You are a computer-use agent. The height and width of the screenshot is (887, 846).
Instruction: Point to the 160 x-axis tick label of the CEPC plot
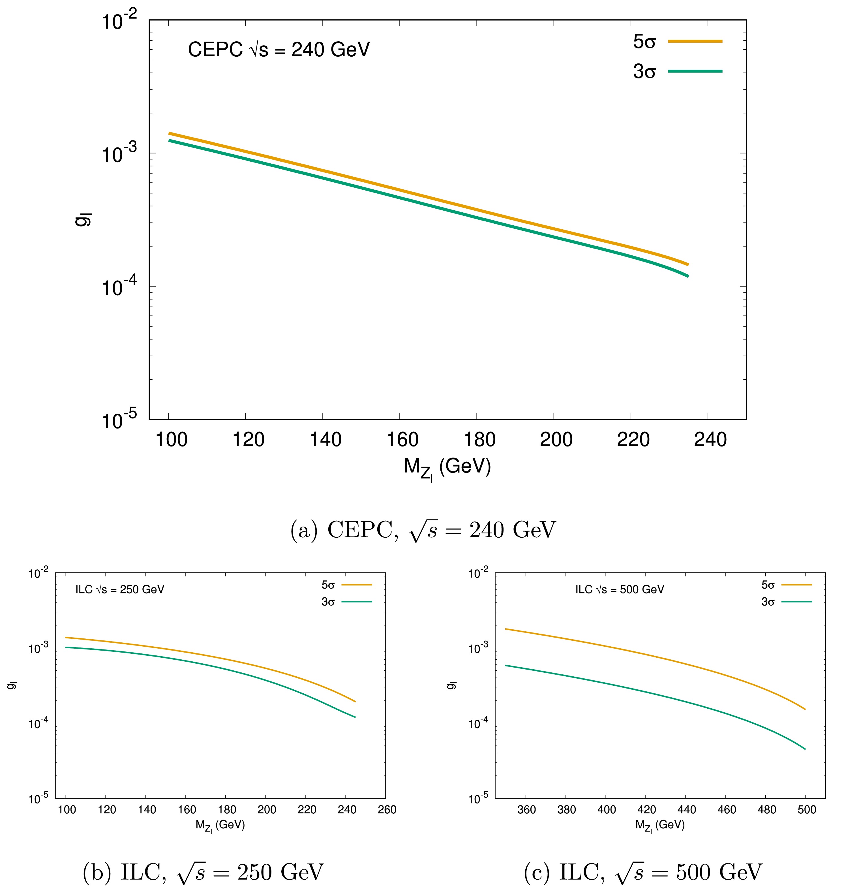tap(402, 439)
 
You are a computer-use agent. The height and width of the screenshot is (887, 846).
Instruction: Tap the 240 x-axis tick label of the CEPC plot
tap(710, 439)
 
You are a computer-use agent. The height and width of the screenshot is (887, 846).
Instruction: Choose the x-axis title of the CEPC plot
tap(447, 468)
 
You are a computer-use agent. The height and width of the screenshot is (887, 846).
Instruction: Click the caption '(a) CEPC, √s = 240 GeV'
tap(423, 530)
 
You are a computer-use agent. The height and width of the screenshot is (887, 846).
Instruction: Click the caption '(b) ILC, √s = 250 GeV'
tap(204, 872)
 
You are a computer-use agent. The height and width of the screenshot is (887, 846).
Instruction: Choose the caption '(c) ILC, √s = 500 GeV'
tap(642, 872)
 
